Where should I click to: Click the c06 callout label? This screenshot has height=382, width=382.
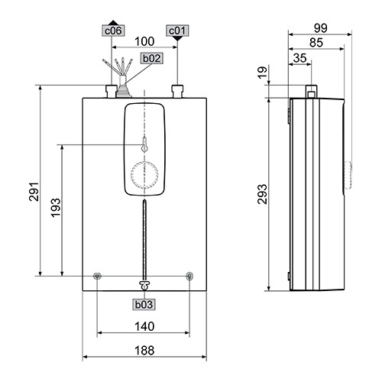coord(113,31)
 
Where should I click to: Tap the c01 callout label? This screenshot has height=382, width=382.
coord(177,31)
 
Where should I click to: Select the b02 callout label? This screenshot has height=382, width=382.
coord(151,58)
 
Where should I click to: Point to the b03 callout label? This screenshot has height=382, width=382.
coord(144,304)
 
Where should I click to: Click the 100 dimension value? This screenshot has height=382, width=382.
coord(144,41)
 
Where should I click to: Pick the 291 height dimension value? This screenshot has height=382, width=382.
coord(34,192)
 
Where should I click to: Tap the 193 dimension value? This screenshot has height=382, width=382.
coord(56,208)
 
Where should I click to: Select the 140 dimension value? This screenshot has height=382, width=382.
coord(144,326)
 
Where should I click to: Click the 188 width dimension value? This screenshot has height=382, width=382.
coord(144,351)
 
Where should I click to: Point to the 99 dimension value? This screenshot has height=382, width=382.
coord(320,28)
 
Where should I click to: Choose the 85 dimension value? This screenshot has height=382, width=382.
coord(316,43)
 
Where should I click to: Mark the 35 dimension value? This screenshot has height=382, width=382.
coord(299,58)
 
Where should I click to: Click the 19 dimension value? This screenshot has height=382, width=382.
coord(263,73)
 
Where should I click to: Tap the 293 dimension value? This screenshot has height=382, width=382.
coord(262,194)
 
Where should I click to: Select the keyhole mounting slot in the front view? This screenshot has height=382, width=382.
coord(144,144)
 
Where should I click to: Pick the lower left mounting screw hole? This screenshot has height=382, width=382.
coord(97,276)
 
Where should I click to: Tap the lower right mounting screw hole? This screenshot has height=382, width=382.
coord(189,276)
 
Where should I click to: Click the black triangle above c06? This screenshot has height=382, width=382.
coord(113,23)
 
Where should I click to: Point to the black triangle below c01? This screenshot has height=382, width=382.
coord(177,39)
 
